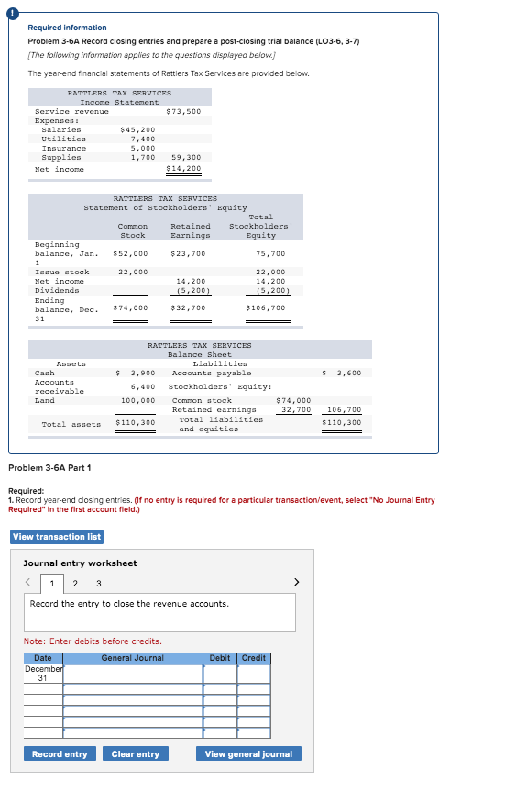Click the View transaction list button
pos(57,536)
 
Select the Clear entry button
pos(135,754)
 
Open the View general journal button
pos(248,754)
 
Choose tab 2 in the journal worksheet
pos(75,582)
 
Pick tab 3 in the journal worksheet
pos(98,582)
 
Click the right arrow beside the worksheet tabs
pos(296,582)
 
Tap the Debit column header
pos(220,658)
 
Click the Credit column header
pos(254,658)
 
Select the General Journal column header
pos(132,658)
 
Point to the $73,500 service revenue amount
pos(183,111)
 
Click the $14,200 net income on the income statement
pos(183,169)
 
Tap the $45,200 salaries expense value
pos(137,129)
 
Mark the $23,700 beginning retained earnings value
pos(188,253)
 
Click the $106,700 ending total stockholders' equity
pos(266,307)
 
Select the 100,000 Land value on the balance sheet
pos(137,401)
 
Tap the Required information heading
pos(67,28)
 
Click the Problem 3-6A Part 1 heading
pos(49,468)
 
